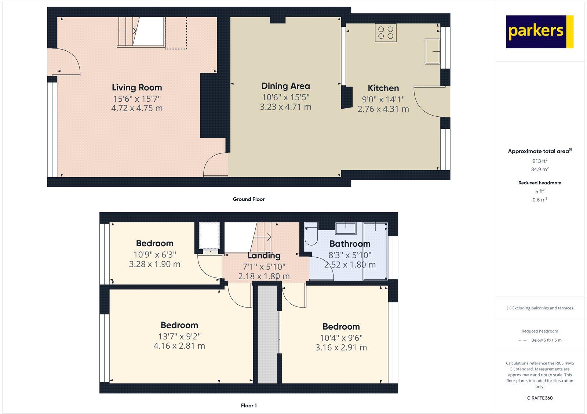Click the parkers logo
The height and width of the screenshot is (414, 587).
click(539, 32)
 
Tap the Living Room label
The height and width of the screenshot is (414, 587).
click(137, 87)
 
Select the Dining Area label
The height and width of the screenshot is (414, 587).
click(285, 86)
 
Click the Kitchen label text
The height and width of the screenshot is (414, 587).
click(383, 88)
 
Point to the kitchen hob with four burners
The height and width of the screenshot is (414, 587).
click(386, 32)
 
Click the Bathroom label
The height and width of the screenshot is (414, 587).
click(350, 244)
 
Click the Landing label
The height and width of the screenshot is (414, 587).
click(264, 256)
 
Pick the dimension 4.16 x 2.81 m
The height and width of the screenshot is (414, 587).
click(179, 346)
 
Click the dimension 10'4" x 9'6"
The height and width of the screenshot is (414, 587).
click(341, 338)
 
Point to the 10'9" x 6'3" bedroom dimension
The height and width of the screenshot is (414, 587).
click(154, 254)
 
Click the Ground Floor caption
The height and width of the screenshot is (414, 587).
click(248, 199)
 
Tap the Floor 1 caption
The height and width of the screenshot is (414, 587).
click(249, 406)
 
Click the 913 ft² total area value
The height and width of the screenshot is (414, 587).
click(540, 161)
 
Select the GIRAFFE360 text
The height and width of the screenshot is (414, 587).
click(539, 398)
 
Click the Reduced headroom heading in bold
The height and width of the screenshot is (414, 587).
click(540, 183)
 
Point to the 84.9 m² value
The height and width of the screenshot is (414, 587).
click(540, 169)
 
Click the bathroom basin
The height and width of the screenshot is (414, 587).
click(346, 228)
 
